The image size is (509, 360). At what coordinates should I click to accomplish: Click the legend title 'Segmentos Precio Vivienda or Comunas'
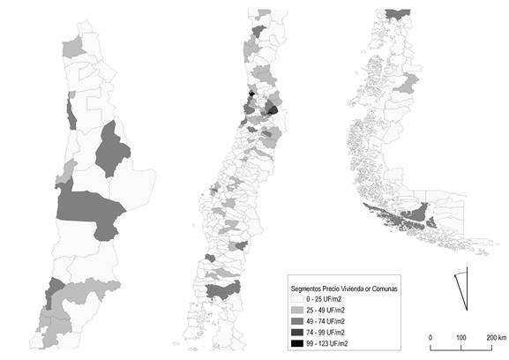tap(345, 289)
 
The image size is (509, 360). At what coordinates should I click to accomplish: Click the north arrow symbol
tap(460, 286)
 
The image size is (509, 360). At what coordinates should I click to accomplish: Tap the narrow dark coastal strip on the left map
tap(70, 113)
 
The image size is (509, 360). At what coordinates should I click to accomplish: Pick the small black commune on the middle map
tap(251, 97)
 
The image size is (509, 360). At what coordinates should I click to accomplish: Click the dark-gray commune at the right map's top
tap(398, 13)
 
